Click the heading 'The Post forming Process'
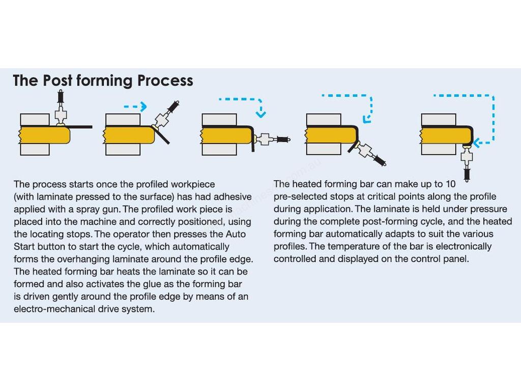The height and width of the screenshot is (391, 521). pos(103,80)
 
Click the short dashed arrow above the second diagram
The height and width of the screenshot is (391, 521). pos(135,106)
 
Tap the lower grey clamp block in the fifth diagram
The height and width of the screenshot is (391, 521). pos(439,149)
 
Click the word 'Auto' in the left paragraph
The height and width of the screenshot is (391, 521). pos(236,234)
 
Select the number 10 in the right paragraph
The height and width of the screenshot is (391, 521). pos(450,184)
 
